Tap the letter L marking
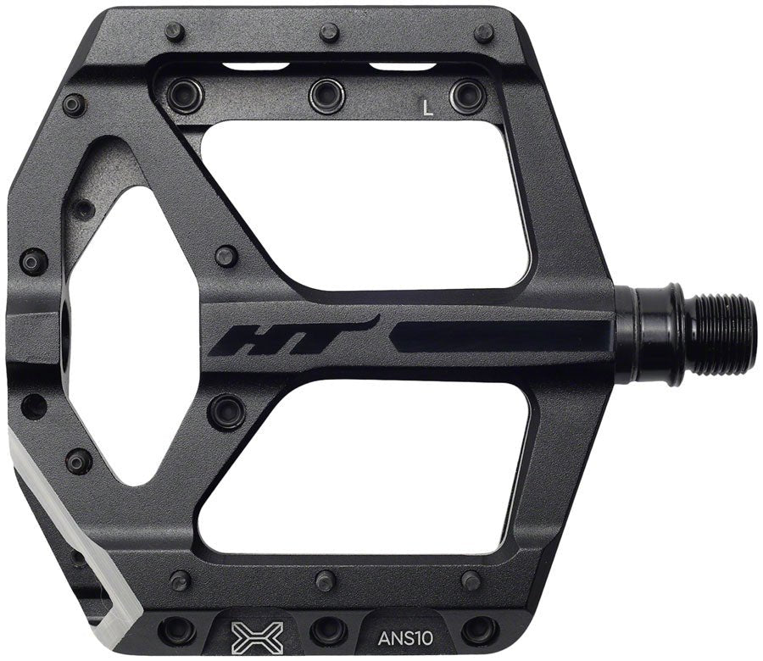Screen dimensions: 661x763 click(428, 108)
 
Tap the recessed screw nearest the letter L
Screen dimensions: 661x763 click(467, 95)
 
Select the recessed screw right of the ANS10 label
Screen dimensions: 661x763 click(480, 628)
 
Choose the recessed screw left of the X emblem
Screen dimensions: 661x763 click(180, 629)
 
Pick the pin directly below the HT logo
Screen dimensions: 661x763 click(226, 409)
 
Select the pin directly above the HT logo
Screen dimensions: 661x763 click(226, 255)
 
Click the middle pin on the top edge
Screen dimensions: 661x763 click(330, 33)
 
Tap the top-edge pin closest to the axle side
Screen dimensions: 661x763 click(483, 33)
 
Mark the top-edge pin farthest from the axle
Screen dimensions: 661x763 click(176, 33)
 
